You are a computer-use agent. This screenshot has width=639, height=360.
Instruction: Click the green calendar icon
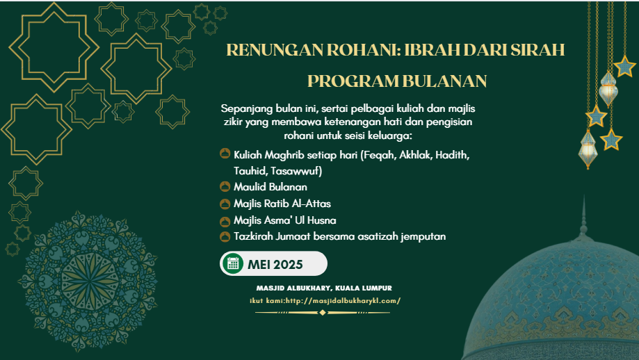233,263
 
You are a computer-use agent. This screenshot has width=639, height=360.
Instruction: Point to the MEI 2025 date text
275,265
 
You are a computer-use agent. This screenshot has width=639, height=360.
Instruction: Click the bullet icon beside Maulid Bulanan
225,187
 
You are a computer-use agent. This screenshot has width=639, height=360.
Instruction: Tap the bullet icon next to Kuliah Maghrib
225,154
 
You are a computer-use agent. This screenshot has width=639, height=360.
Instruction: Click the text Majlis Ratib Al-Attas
282,204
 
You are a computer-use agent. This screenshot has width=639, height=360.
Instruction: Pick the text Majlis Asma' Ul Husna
285,220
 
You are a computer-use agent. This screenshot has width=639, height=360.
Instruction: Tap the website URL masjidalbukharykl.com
343,300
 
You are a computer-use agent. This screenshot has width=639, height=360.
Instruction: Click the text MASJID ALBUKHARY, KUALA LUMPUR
324,288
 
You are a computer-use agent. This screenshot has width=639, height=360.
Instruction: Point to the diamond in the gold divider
323,312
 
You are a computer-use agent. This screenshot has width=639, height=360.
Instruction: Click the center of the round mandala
88,280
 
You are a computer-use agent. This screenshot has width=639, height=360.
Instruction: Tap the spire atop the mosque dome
583,216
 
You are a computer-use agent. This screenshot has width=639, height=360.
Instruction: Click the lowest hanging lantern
588,149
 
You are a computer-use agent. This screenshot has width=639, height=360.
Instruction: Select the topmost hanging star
624,67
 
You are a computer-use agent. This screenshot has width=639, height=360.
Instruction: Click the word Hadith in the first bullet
453,155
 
